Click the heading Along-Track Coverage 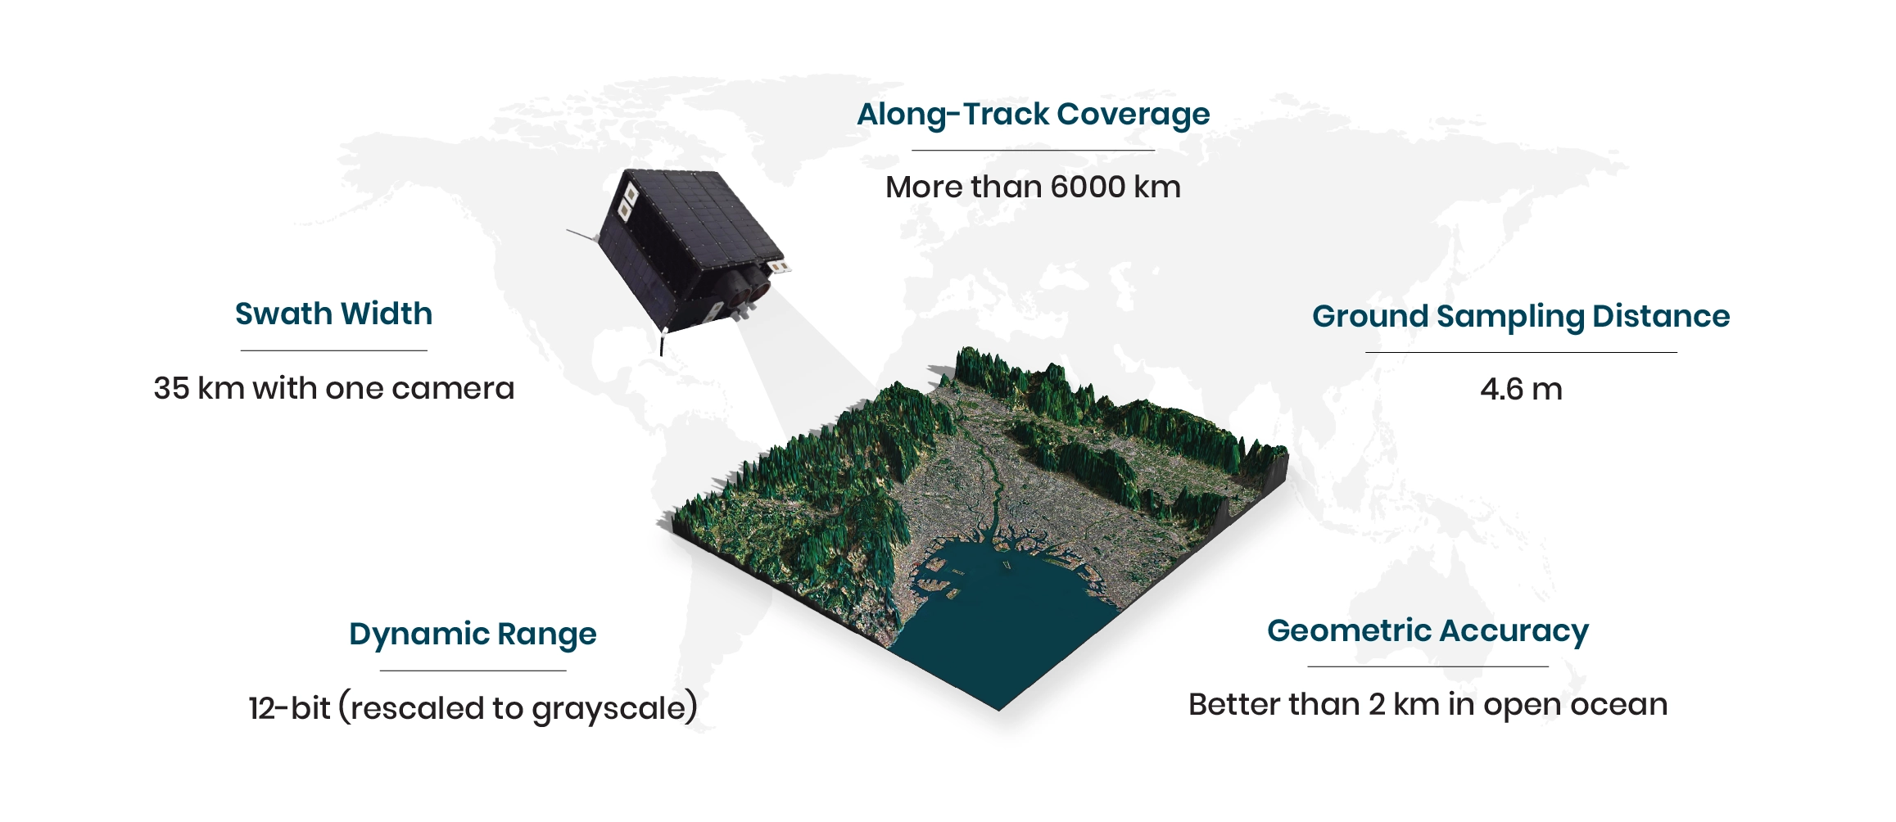tap(1033, 115)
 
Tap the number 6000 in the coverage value tap(1088, 187)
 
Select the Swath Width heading tap(333, 314)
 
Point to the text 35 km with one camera tap(334, 388)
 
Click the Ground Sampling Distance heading tap(1521, 317)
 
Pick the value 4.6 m tap(1521, 389)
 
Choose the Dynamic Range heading tap(473, 635)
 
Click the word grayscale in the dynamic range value tap(608, 708)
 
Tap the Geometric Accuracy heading tap(1428, 631)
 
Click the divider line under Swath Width tap(334, 350)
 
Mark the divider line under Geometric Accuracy tap(1428, 666)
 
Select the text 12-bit tap(289, 708)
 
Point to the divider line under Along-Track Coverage tap(1033, 150)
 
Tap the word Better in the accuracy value tap(1233, 705)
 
